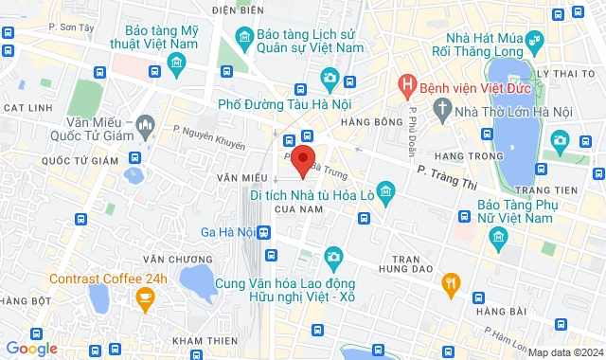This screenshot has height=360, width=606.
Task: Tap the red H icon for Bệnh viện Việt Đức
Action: [x=406, y=87]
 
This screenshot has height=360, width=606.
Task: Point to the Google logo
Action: [x=31, y=349]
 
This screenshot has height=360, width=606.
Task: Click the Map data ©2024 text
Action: [x=564, y=352]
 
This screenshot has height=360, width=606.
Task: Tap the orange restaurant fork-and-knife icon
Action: [x=452, y=281]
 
